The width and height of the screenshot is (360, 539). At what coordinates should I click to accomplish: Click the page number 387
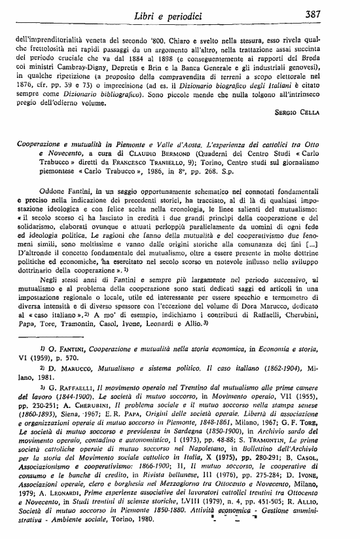pos(329,14)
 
